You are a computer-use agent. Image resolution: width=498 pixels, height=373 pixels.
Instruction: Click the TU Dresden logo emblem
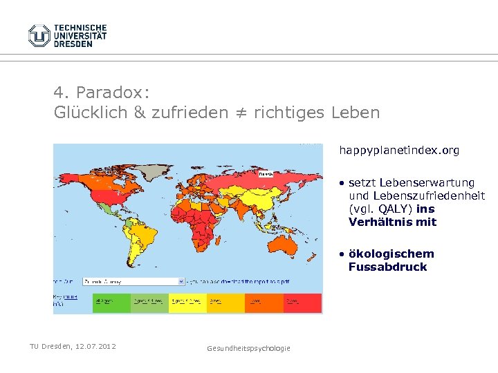[39, 35]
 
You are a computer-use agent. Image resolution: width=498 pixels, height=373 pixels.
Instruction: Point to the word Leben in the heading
[356, 113]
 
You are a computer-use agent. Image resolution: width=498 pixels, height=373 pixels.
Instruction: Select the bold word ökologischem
[391, 254]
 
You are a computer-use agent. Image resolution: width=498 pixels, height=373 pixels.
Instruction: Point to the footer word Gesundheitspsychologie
[248, 348]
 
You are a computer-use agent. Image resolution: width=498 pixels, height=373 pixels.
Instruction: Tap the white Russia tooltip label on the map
[266, 175]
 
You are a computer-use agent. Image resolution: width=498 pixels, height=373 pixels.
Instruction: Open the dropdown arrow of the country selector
[181, 282]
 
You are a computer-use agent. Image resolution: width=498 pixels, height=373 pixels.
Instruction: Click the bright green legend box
[111, 303]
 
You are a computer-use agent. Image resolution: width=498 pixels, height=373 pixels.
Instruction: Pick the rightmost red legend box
[302, 303]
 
